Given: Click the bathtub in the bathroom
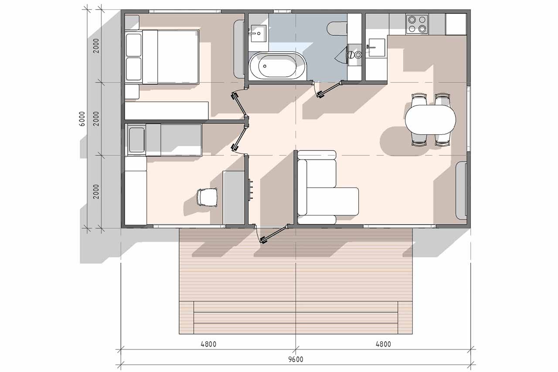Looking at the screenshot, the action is tap(277, 66).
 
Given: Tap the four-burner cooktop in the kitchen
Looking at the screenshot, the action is tap(417, 24).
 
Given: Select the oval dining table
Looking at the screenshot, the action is tap(430, 119).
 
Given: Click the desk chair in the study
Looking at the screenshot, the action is tap(207, 197).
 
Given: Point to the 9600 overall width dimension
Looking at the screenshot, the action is tap(296, 359).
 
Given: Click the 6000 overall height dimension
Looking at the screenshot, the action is tap(82, 119).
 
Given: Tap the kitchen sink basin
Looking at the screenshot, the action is tap(376, 48).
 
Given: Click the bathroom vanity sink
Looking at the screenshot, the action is tap(259, 33).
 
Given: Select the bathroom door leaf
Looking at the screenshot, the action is tap(329, 90).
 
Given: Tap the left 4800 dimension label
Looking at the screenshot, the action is tap(208, 345).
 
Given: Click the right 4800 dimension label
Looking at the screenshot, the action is tap(383, 345).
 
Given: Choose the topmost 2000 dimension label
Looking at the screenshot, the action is tap(96, 46).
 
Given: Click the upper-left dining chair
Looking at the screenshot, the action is tap(419, 99).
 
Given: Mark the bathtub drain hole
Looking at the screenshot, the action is tap(265, 66).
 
